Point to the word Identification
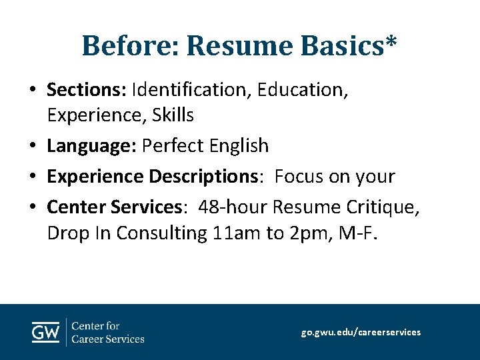click(x=189, y=88)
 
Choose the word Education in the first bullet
click(x=301, y=88)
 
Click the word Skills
click(x=173, y=116)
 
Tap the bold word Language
click(x=91, y=145)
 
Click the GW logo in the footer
click(x=45, y=331)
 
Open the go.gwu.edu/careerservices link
click(x=361, y=332)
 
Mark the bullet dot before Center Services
click(x=33, y=208)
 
